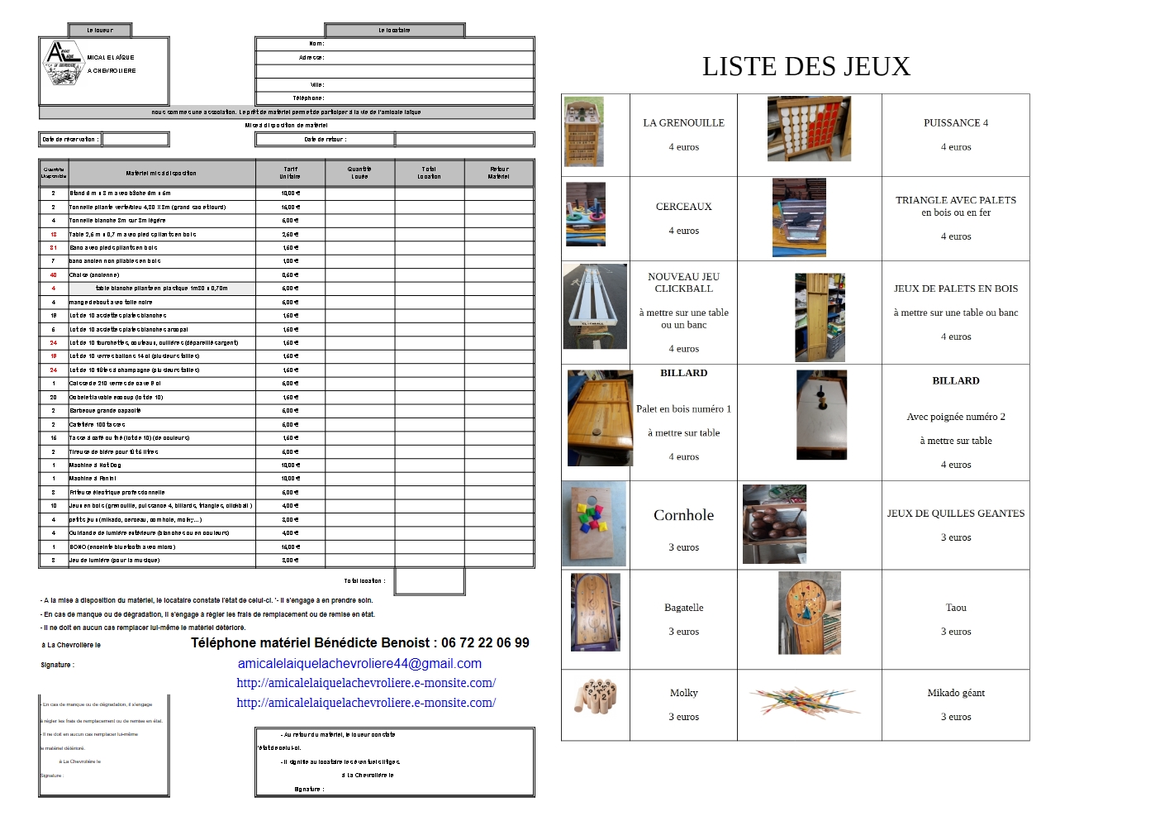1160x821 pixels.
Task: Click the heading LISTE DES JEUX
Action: coord(806,67)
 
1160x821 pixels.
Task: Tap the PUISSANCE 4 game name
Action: coord(955,123)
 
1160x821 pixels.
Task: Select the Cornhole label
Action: coord(683,515)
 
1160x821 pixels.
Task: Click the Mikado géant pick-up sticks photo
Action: coord(803,702)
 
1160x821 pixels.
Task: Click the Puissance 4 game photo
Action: coord(808,128)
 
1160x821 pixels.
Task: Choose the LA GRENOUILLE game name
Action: coord(683,123)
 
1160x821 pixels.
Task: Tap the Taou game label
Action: coord(955,608)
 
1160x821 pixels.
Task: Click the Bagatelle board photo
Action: coord(595,613)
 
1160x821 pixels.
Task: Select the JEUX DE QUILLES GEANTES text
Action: coord(955,513)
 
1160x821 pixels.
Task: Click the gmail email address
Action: coord(359,664)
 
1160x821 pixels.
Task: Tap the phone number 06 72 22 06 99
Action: coord(485,643)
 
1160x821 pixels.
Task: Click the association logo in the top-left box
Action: coord(63,63)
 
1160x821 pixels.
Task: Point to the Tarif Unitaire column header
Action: coord(290,173)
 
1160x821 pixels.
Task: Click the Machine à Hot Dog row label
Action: coord(95,465)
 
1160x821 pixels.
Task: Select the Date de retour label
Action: coord(325,140)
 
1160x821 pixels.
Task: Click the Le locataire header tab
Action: coord(394,31)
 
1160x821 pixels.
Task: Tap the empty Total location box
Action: coord(429,581)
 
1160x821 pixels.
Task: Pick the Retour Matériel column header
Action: coord(498,173)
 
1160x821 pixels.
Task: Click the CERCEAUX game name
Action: coord(683,207)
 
